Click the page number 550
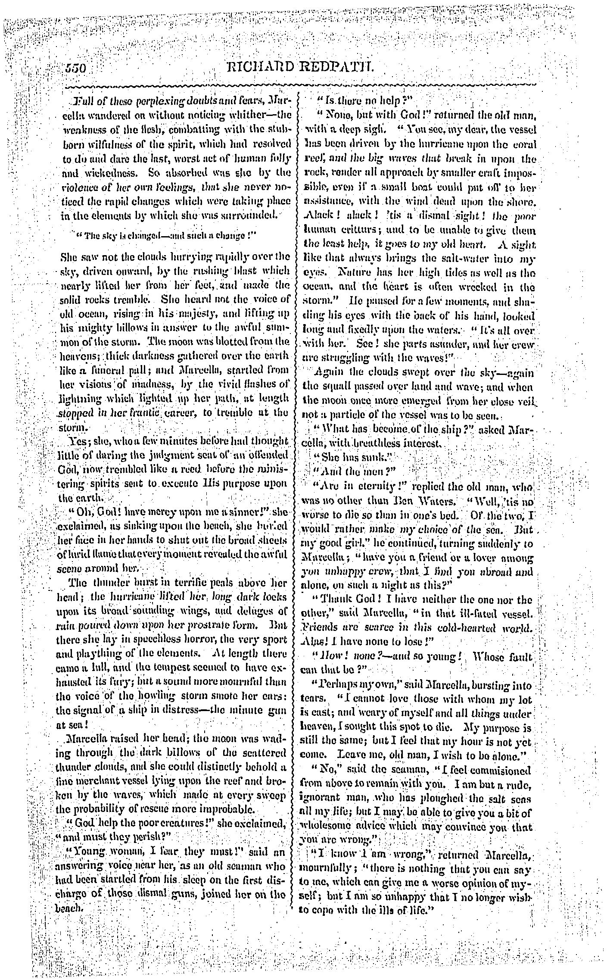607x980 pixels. coord(77,69)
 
